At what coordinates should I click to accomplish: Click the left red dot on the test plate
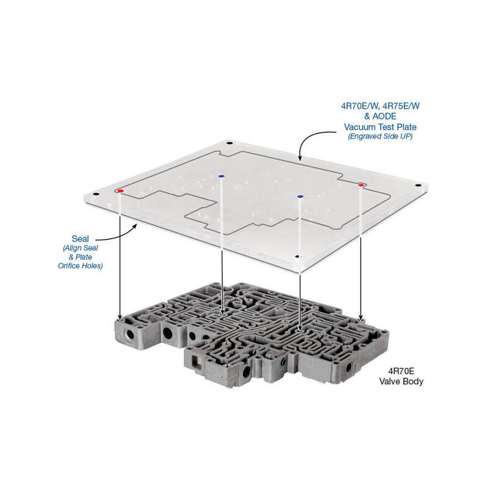pos(121,191)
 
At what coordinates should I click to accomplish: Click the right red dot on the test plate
pos(361,184)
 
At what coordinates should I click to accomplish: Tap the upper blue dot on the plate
pos(221,176)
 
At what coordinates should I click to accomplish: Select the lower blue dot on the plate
pos(300,196)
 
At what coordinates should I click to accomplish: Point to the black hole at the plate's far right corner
pos(418,185)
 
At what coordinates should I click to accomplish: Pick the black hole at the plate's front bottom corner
pos(297,257)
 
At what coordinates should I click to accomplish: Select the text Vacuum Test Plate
pos(381,127)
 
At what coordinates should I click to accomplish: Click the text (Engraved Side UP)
pos(381,137)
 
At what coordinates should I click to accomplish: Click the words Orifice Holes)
pos(83,267)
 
